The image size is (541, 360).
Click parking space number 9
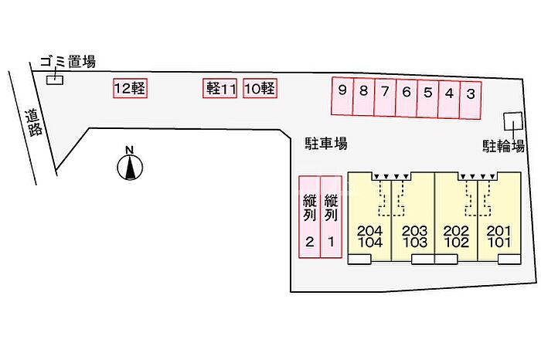pyautogui.click(x=342, y=98)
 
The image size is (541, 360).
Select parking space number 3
pyautogui.click(x=471, y=98)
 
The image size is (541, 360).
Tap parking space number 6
pyautogui.click(x=406, y=98)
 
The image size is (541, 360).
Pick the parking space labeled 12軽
pyautogui.click(x=129, y=89)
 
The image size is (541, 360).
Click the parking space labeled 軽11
pyautogui.click(x=221, y=89)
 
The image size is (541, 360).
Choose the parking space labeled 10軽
pyautogui.click(x=259, y=89)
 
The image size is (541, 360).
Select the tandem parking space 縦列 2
pyautogui.click(x=309, y=216)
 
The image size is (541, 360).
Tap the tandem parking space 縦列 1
pyautogui.click(x=331, y=216)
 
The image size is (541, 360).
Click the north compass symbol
pyautogui.click(x=130, y=165)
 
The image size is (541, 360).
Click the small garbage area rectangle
pyautogui.click(x=55, y=80)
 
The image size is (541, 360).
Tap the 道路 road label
pyautogui.click(x=33, y=123)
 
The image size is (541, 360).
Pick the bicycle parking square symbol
pyautogui.click(x=512, y=122)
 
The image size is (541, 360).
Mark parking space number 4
pyautogui.click(x=449, y=98)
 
